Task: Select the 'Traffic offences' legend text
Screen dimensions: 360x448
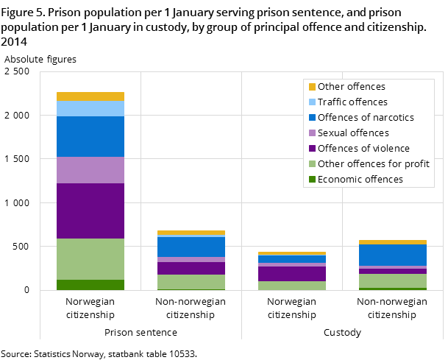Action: coord(352,102)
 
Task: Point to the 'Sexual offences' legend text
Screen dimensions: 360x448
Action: coord(353,133)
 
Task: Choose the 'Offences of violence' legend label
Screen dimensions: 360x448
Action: coord(363,149)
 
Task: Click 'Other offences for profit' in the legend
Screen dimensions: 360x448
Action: coord(373,164)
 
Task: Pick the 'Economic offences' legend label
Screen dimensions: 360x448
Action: coord(360,180)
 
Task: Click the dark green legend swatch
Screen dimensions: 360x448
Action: coord(312,180)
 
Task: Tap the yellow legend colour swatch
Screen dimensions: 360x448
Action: coord(312,87)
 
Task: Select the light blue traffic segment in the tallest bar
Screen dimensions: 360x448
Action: coord(90,109)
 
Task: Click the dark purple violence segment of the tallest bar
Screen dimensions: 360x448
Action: coord(90,211)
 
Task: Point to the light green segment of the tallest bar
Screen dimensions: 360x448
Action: coord(90,259)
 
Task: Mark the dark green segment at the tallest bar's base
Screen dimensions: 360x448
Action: coord(90,285)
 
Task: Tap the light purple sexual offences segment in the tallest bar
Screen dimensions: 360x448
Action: coord(90,170)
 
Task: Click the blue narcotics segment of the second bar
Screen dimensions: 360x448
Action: coord(191,247)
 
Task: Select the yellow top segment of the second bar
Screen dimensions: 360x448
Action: coord(191,233)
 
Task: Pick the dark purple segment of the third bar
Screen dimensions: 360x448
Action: coord(292,274)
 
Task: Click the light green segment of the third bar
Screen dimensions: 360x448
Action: coord(292,286)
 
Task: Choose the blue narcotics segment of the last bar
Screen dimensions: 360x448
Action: coord(393,255)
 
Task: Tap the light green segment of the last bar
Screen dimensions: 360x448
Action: coord(393,280)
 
